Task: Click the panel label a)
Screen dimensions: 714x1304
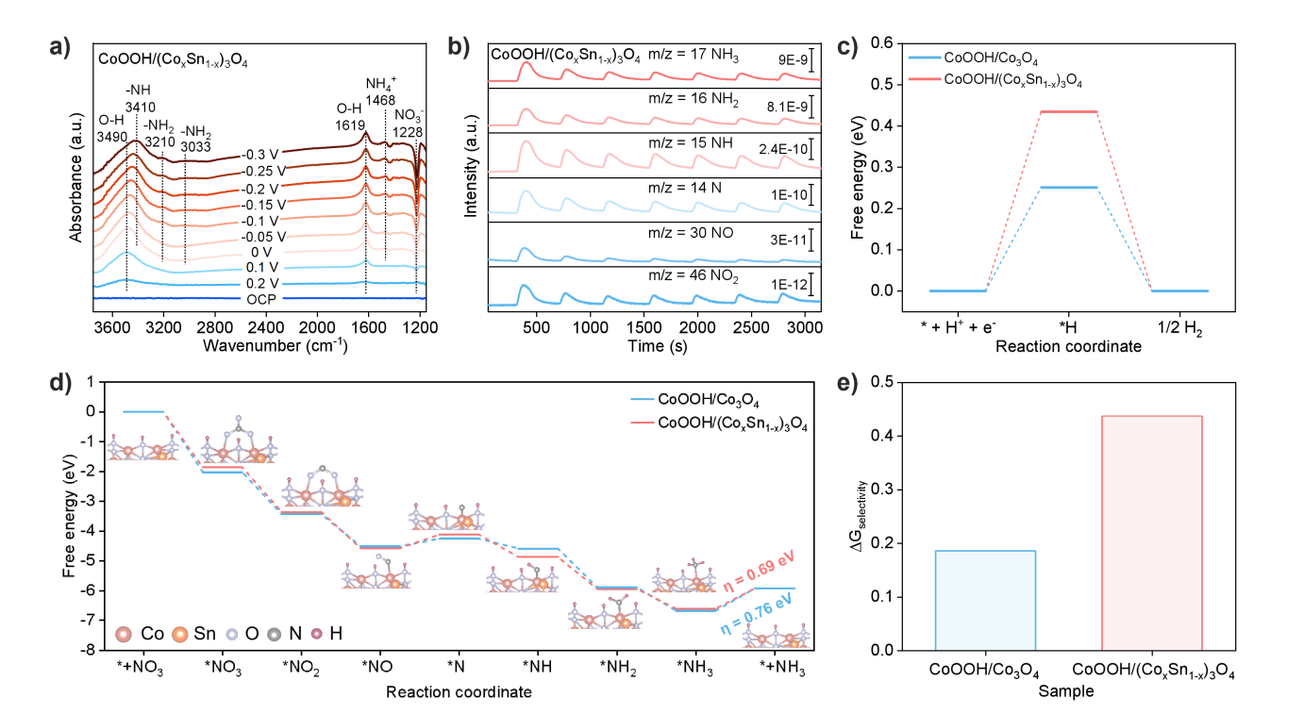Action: (x=59, y=47)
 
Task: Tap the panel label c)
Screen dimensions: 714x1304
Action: (x=847, y=47)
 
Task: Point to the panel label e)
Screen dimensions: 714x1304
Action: (x=847, y=384)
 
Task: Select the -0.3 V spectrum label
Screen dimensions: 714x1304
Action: (x=261, y=155)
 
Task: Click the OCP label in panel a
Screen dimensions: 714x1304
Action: (x=261, y=299)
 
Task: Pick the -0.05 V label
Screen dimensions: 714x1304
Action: (x=261, y=236)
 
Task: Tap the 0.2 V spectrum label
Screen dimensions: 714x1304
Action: (x=261, y=283)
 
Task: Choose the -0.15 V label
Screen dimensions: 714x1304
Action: (x=261, y=204)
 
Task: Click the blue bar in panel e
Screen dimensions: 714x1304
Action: (x=985, y=600)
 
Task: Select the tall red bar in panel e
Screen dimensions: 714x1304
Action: (x=1151, y=532)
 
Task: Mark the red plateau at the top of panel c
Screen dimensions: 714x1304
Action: (x=1069, y=111)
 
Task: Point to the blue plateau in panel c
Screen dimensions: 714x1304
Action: (x=1069, y=188)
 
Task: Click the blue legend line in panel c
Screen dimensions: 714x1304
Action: (x=925, y=58)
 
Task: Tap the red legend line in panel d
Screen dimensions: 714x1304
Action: (x=643, y=423)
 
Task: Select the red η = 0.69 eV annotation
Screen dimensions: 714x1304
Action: (x=760, y=572)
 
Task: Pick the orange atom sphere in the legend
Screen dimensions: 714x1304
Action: (x=179, y=635)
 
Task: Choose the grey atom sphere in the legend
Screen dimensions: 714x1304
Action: (x=274, y=635)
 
